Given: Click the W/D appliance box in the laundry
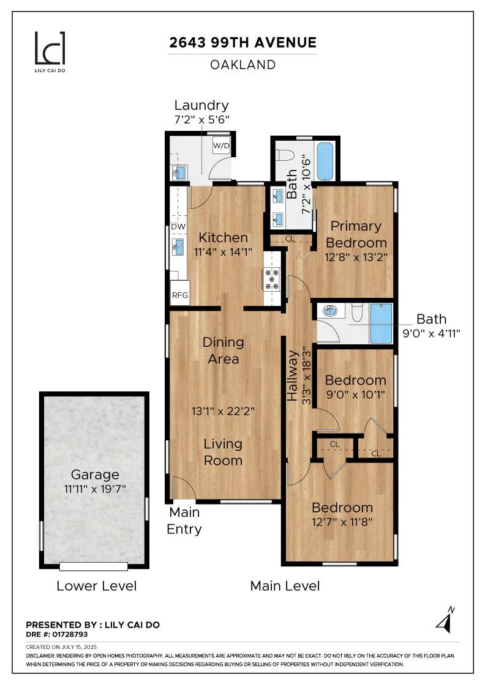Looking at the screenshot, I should pyautogui.click(x=221, y=146).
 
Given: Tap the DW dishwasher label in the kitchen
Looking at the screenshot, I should pyautogui.click(x=178, y=227).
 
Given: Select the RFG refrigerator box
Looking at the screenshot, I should pyautogui.click(x=179, y=295).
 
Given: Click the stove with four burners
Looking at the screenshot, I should pyautogui.click(x=271, y=278).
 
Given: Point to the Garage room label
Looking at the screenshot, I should pyautogui.click(x=94, y=475).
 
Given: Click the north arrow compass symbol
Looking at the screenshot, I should pyautogui.click(x=445, y=619).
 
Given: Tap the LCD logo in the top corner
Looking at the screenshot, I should pyautogui.click(x=49, y=50).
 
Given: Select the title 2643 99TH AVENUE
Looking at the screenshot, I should pyautogui.click(x=243, y=43).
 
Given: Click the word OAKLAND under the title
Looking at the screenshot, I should pyautogui.click(x=243, y=64).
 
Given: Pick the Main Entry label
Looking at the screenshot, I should pyautogui.click(x=184, y=520).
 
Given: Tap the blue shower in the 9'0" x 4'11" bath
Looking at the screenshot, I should pyautogui.click(x=381, y=323).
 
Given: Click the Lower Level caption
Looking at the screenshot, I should pyautogui.click(x=96, y=585).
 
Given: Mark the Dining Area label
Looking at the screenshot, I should pyautogui.click(x=223, y=350).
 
